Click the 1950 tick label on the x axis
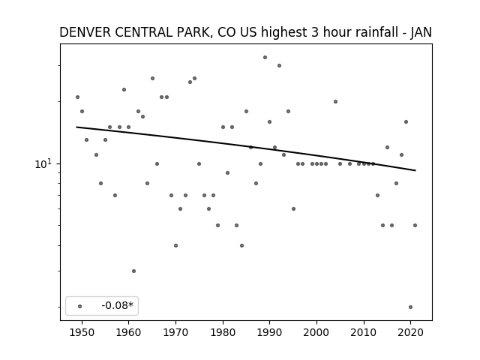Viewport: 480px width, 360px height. point(82,332)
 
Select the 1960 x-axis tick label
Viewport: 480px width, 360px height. point(128,332)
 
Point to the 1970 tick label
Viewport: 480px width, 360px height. point(175,332)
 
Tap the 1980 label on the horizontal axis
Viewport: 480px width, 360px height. point(223,332)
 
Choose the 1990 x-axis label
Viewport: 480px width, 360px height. point(270,332)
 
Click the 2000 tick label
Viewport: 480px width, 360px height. point(316,332)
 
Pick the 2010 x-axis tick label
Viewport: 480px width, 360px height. point(364,332)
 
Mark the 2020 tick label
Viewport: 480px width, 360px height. point(411,332)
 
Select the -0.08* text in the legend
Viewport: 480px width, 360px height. point(118,305)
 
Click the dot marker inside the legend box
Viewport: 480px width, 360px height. point(80,306)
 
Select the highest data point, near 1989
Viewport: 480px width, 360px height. point(265,57)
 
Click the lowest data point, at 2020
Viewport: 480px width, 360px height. point(410,307)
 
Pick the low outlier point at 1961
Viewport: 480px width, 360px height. point(133,271)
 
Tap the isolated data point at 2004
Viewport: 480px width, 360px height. point(335,102)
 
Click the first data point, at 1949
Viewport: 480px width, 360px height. point(77,97)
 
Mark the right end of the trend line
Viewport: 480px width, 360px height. point(415,170)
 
